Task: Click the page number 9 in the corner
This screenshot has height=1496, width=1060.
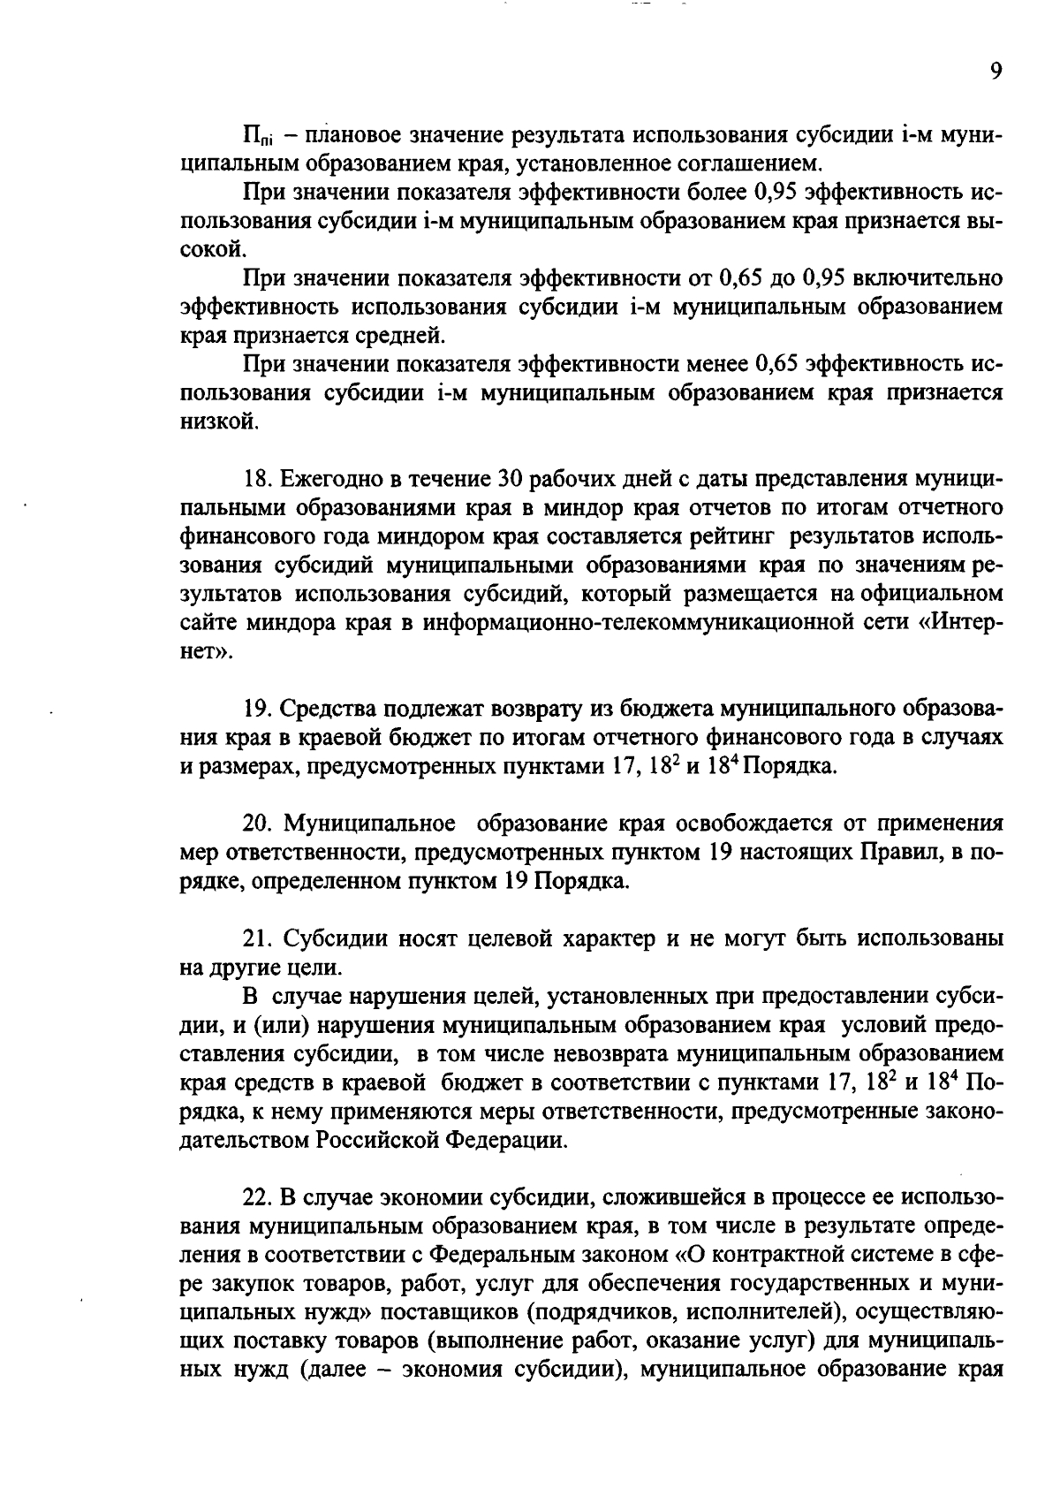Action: point(996,72)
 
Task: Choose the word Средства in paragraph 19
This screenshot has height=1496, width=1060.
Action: point(331,709)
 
